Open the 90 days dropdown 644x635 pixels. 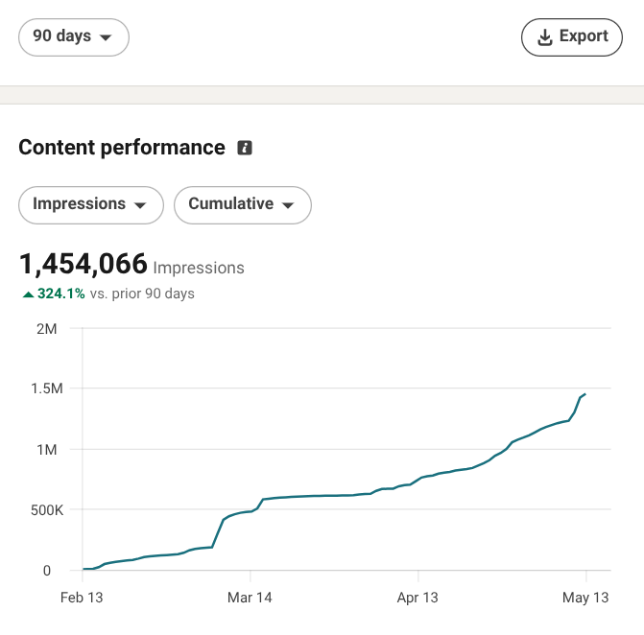click(x=74, y=37)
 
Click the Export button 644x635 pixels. click(x=572, y=37)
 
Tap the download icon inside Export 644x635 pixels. click(x=544, y=37)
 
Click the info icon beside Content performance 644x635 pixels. click(x=245, y=148)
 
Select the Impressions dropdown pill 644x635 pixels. click(x=91, y=205)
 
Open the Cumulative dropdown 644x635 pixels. click(x=243, y=205)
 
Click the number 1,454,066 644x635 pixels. click(x=83, y=264)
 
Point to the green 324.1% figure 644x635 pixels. click(x=61, y=294)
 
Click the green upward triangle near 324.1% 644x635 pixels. click(x=28, y=294)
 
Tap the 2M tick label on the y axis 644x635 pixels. click(x=47, y=329)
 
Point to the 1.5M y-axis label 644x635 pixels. click(x=47, y=388)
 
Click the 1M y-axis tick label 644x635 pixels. click(x=47, y=450)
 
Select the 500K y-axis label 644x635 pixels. click(x=47, y=509)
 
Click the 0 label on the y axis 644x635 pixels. click(x=47, y=571)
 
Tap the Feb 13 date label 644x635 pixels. click(x=82, y=598)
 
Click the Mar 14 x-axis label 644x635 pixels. click(x=250, y=598)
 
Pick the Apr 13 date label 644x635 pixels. click(x=417, y=598)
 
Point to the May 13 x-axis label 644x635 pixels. click(x=585, y=598)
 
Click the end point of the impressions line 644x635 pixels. click(x=585, y=394)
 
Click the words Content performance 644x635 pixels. click(x=122, y=148)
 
